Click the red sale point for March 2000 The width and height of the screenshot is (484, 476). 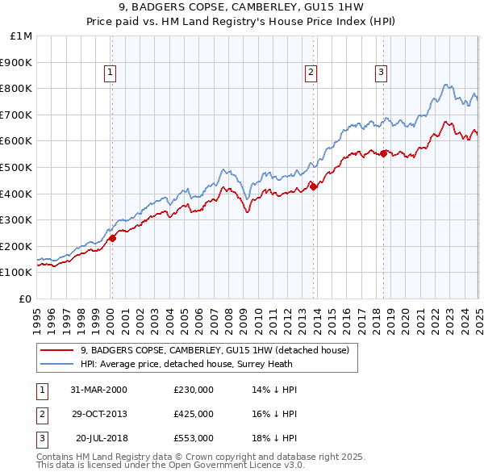[x=113, y=238]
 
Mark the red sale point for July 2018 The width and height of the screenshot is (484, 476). [x=383, y=152]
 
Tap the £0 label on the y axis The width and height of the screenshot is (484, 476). [x=26, y=299]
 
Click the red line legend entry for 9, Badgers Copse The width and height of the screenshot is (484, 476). [x=214, y=350]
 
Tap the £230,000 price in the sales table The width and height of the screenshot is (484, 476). [x=194, y=390]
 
